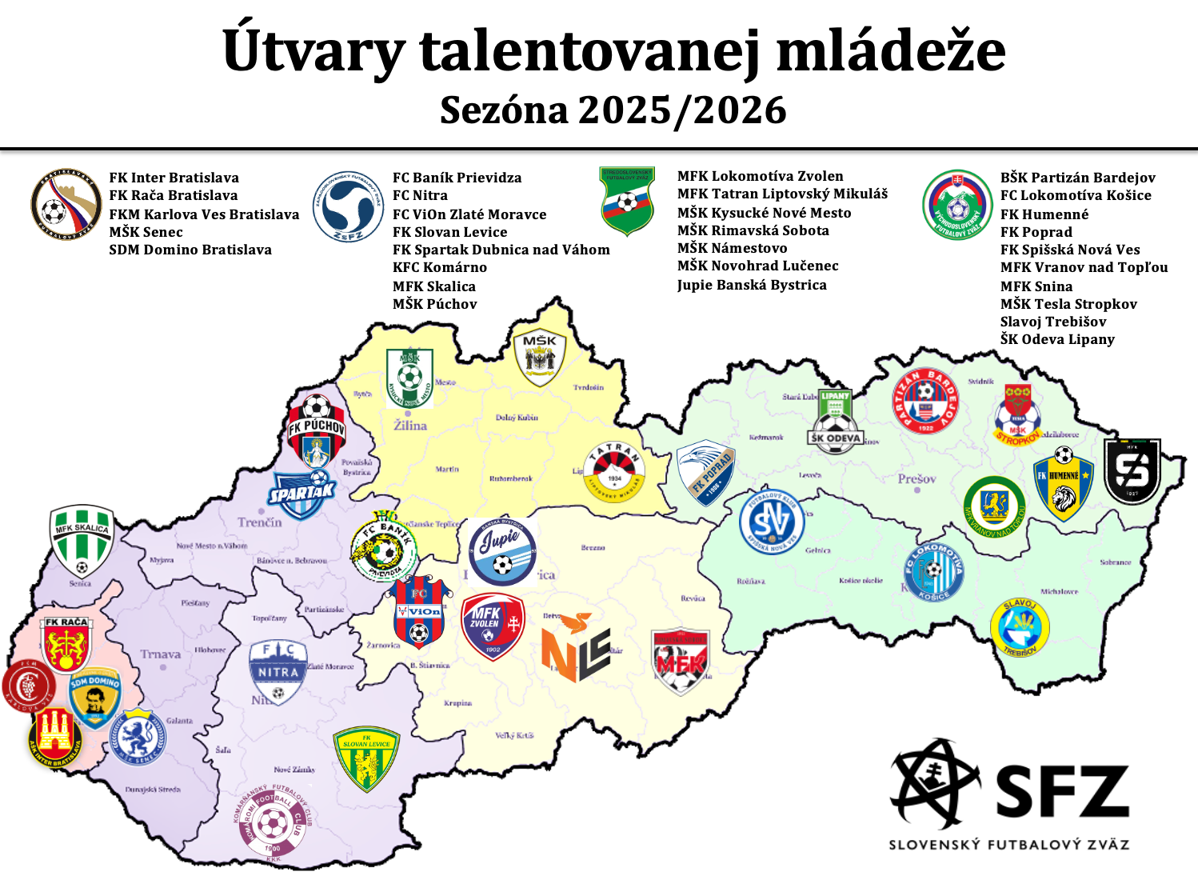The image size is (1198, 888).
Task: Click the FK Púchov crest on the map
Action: click(x=317, y=430)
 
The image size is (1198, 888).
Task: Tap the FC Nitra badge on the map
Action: click(x=278, y=671)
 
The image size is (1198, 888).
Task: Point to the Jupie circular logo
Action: click(x=502, y=552)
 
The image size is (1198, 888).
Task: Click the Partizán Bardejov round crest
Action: click(x=925, y=401)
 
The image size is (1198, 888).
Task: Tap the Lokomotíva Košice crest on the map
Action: click(x=933, y=572)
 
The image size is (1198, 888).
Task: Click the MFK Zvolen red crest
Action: click(x=493, y=626)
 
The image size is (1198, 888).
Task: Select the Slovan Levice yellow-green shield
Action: click(x=366, y=758)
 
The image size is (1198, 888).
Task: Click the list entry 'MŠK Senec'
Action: click(x=146, y=232)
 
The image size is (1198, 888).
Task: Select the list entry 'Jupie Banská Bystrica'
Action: click(x=751, y=285)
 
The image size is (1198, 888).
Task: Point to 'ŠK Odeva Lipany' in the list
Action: click(x=1056, y=339)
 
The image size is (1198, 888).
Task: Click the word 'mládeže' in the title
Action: click(x=891, y=50)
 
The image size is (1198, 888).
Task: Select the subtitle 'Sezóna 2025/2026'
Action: click(x=613, y=110)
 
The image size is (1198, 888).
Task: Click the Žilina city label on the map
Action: click(x=410, y=426)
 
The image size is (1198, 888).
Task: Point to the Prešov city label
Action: click(x=916, y=478)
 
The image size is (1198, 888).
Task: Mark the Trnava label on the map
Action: click(x=161, y=654)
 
